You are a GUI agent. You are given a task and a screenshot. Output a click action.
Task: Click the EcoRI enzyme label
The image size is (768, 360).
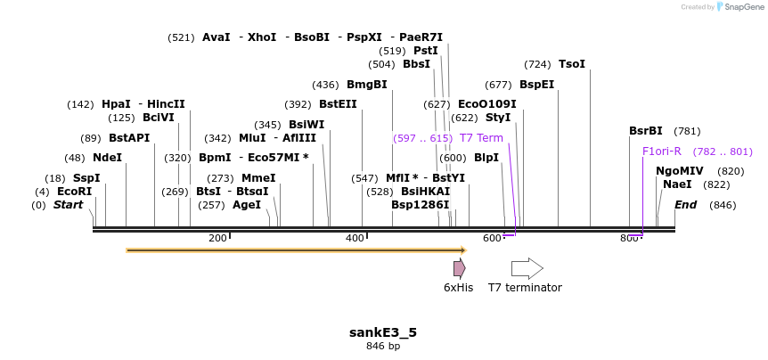pyautogui.click(x=74, y=192)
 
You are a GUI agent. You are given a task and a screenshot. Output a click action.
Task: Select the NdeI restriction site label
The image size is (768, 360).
pyautogui.click(x=107, y=157)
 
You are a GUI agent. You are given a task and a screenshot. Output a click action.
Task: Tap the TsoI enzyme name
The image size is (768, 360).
pyautogui.click(x=572, y=64)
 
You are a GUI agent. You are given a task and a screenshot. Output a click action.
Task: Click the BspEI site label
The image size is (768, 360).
pyautogui.click(x=536, y=85)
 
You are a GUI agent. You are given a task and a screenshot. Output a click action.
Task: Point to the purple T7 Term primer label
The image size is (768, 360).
pyautogui.click(x=481, y=138)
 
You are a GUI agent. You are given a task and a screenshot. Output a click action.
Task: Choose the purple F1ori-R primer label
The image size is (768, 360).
pyautogui.click(x=662, y=151)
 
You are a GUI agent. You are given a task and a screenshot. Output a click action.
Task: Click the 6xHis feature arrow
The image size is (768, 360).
pyautogui.click(x=459, y=268)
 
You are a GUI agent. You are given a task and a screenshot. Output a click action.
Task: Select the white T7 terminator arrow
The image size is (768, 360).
pyautogui.click(x=527, y=268)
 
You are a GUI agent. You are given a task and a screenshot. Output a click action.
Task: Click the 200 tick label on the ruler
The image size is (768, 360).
pyautogui.click(x=217, y=238)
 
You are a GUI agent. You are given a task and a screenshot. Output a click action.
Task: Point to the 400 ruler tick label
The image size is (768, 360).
pyautogui.click(x=355, y=238)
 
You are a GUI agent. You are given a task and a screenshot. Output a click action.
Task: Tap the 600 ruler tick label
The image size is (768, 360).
pyautogui.click(x=493, y=238)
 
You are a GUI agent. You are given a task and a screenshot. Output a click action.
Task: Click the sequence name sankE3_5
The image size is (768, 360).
pyautogui.click(x=383, y=332)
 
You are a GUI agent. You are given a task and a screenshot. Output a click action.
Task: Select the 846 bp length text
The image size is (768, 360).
pyautogui.click(x=383, y=346)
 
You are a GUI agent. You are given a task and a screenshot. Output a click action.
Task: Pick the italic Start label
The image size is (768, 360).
pyautogui.click(x=68, y=205)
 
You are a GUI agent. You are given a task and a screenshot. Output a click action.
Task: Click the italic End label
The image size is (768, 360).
pyautogui.click(x=686, y=205)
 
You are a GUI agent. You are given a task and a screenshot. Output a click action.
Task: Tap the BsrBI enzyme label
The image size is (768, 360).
pyautogui.click(x=646, y=131)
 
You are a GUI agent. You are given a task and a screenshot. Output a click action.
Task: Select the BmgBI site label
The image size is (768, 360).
pyautogui.click(x=366, y=85)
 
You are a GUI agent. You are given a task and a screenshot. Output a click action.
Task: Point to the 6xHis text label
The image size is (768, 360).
pyautogui.click(x=458, y=288)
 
